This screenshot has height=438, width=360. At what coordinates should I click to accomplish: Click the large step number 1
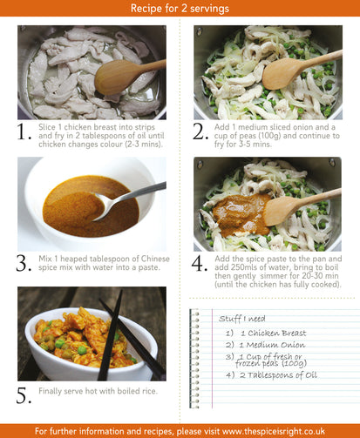tap(24, 132)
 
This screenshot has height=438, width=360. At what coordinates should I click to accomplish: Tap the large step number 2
tap(200, 132)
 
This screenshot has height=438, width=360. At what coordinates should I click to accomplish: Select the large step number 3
tap(24, 264)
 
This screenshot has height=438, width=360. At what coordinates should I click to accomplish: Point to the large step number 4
tap(200, 264)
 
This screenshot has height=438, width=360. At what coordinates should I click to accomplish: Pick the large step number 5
tap(24, 395)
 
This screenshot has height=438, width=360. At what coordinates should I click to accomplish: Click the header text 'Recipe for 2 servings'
tap(180, 8)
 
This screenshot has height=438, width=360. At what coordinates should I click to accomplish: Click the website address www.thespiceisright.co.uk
tap(274, 431)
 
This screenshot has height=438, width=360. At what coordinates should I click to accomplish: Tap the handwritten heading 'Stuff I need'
tap(242, 319)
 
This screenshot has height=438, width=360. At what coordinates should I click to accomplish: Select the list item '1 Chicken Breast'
tap(274, 334)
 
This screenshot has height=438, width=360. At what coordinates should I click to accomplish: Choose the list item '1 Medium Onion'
tap(272, 345)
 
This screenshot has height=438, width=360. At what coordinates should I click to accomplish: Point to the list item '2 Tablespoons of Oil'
tap(278, 375)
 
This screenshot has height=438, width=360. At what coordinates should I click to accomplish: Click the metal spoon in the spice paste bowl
tap(128, 200)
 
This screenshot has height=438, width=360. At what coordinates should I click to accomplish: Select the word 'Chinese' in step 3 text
tap(155, 259)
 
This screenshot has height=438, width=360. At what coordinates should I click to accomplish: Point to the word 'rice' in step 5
tap(150, 391)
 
